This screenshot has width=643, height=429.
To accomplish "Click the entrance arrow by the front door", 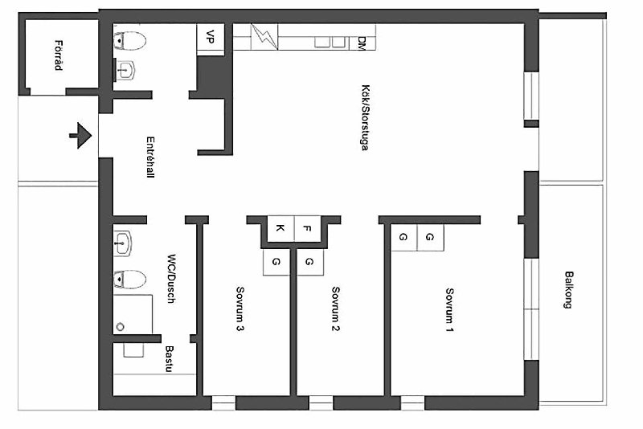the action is pyautogui.click(x=81, y=135).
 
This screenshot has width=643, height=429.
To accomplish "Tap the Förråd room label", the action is pyautogui.click(x=59, y=55).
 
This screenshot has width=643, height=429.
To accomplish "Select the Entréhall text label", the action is pyautogui.click(x=150, y=157).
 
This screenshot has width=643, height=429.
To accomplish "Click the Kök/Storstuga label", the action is pyautogui.click(x=365, y=117).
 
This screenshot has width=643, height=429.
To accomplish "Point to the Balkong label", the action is pyautogui.click(x=568, y=289).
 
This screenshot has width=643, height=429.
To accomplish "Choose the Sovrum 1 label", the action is pyautogui.click(x=449, y=310).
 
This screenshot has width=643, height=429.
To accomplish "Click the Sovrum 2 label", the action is pyautogui.click(x=335, y=308).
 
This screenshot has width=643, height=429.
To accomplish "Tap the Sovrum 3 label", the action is pyautogui.click(x=240, y=308).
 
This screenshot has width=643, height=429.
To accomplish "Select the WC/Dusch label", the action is pyautogui.click(x=171, y=279).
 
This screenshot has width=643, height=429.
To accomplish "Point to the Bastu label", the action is pyautogui.click(x=169, y=359).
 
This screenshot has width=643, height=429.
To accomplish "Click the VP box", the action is pyautogui.click(x=211, y=37).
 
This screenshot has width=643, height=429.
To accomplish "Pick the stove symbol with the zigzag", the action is pyautogui.click(x=264, y=37).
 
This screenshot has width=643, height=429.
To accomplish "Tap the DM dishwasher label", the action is pyautogui.click(x=361, y=43).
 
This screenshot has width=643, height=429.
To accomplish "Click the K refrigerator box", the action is pyautogui.click(x=281, y=228).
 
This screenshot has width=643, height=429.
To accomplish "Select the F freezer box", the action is pyautogui.click(x=308, y=228).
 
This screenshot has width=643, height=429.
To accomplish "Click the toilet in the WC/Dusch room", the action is pyautogui.click(x=129, y=280).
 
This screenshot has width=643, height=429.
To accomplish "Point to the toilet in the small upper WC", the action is pyautogui.click(x=129, y=41).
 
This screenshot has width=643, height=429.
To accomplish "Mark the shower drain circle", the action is pyautogui.click(x=120, y=327).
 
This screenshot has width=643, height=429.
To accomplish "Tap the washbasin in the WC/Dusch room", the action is pyautogui.click(x=123, y=243).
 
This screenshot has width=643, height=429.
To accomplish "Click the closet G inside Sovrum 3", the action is pyautogui.click(x=276, y=262).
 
